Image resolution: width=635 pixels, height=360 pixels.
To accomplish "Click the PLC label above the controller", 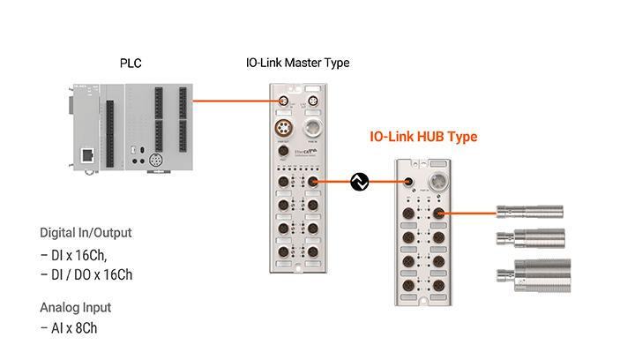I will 131,64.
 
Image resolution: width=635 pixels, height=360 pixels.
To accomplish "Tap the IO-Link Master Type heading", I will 297,64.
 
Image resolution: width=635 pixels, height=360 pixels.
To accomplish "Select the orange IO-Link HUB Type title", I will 423,138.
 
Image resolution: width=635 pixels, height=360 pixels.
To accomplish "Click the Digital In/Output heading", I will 86,233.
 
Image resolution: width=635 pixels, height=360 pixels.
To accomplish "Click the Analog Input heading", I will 76,308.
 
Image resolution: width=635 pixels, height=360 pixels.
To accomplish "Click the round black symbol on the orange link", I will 359,183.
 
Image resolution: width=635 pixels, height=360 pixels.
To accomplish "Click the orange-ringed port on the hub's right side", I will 438,213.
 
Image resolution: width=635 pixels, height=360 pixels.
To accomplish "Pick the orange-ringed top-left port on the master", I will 282,101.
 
